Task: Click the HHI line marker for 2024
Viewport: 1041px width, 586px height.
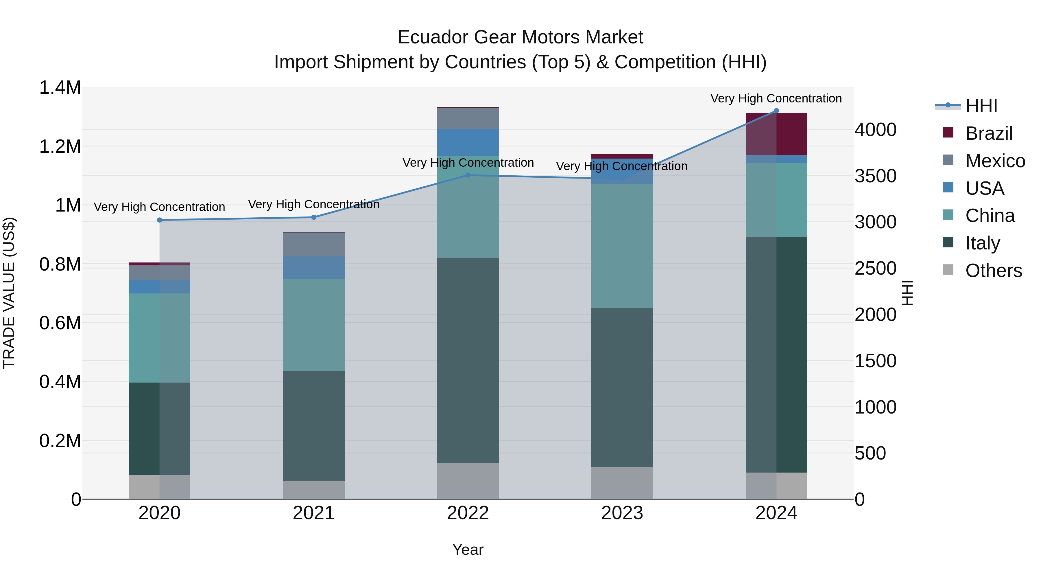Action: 776,111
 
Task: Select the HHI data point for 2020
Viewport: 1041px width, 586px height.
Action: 160,220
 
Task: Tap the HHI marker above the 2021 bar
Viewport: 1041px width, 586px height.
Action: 314,217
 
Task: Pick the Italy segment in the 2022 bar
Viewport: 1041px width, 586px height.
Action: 468,360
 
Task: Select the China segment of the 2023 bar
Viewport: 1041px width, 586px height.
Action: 622,246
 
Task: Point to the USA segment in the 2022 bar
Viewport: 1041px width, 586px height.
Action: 468,142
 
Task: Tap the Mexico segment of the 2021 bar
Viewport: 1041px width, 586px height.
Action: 314,245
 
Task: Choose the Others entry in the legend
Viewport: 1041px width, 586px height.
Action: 993,271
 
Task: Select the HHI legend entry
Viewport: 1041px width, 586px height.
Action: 981,106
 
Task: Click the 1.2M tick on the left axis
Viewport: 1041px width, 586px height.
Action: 60,146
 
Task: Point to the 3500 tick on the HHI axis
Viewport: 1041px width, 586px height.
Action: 875,176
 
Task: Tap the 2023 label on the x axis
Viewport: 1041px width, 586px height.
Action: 622,513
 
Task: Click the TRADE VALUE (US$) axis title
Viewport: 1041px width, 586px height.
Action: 9,293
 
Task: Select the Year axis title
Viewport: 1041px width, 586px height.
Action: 468,550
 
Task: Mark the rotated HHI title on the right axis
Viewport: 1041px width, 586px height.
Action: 907,293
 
